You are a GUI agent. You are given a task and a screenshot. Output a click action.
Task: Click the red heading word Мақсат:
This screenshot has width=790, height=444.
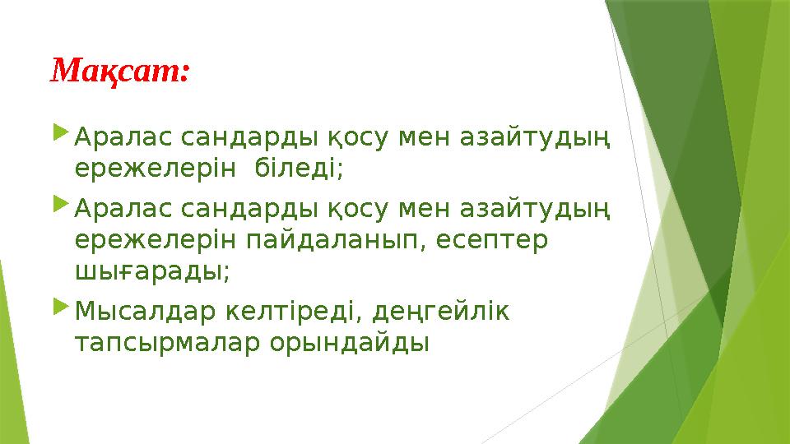click(x=121, y=72)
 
